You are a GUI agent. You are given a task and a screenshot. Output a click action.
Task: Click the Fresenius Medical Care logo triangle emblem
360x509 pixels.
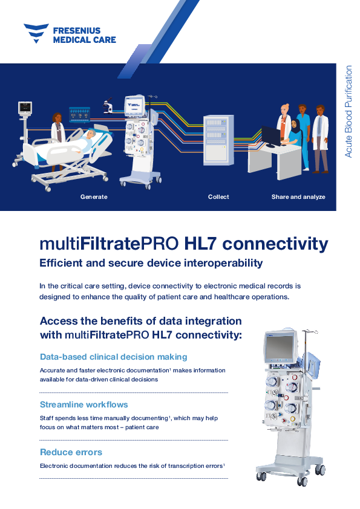(36, 33)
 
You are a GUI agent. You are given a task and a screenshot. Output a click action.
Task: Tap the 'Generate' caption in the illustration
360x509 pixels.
(94, 196)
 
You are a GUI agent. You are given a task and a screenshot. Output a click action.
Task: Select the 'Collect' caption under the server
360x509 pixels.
(218, 196)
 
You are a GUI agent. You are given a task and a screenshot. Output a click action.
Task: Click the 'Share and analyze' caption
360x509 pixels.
(298, 196)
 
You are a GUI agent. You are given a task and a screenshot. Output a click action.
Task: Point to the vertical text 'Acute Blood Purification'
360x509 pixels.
(349, 112)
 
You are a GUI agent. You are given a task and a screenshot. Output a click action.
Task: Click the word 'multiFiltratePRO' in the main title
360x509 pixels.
(109, 244)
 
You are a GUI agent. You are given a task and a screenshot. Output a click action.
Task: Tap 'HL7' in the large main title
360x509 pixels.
(200, 244)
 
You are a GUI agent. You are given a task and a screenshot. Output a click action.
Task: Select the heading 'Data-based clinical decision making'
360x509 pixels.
(113, 357)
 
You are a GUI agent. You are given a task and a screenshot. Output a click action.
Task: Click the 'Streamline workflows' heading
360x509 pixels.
(84, 404)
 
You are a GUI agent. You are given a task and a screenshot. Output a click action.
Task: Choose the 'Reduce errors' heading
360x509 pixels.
(71, 452)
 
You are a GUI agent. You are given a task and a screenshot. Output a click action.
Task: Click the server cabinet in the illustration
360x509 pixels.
(218, 140)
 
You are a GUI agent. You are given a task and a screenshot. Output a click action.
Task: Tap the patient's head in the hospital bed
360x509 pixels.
(92, 134)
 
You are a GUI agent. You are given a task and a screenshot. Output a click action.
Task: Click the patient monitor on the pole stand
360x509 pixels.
(25, 108)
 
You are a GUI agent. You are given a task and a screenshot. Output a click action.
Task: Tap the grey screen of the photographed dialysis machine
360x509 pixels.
(280, 347)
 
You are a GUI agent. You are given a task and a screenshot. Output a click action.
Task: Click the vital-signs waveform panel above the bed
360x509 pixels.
(80, 115)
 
